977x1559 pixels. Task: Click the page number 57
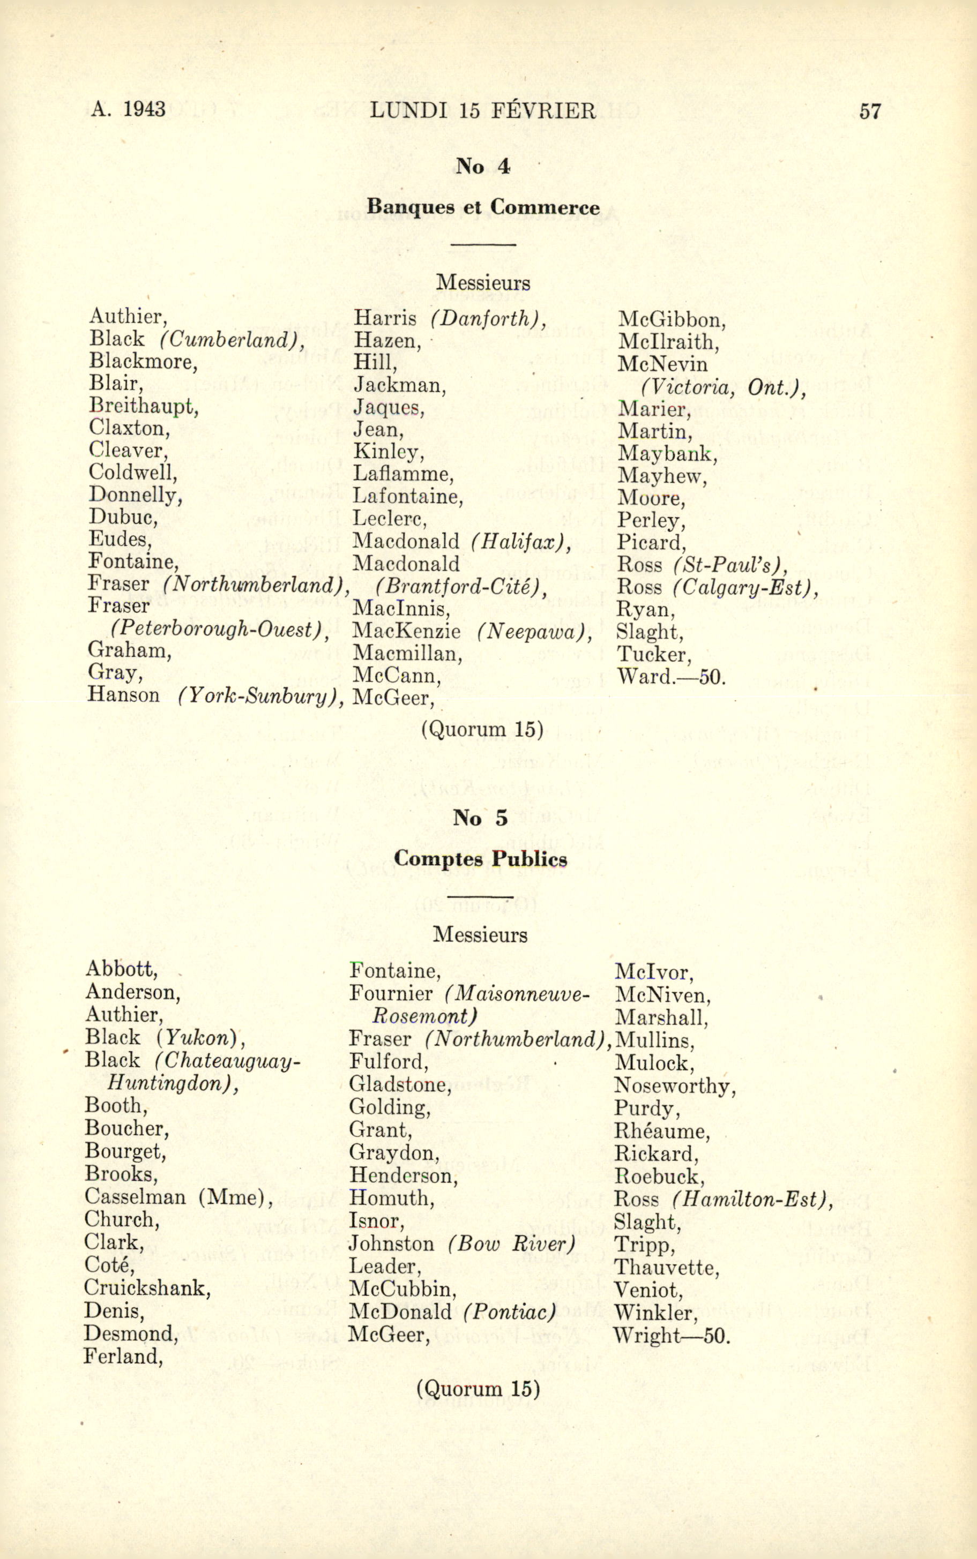(870, 111)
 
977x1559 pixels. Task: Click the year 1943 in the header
(144, 109)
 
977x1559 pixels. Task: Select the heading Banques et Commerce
(483, 207)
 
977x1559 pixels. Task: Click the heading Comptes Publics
(480, 859)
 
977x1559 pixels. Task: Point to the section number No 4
(483, 167)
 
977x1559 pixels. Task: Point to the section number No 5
(480, 818)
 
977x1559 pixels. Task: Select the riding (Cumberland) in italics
(233, 340)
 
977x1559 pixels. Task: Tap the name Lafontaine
(408, 497)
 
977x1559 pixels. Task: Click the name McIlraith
(668, 342)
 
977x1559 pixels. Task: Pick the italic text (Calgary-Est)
(745, 587)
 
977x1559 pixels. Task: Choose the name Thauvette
(666, 1267)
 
